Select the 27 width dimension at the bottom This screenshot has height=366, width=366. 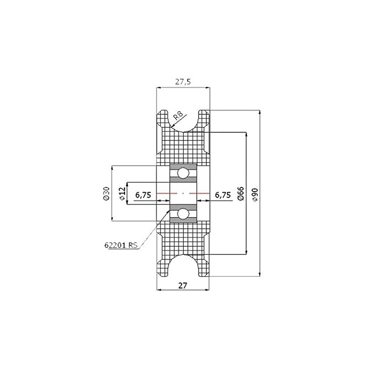tap(183, 285)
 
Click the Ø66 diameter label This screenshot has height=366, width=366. tap(241, 194)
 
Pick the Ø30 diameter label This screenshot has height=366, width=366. tap(106, 194)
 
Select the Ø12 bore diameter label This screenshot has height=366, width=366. tap(122, 194)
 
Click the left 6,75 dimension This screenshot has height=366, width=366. tap(144, 194)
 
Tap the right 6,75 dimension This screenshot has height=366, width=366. tap(223, 194)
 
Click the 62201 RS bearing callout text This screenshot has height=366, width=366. tap(121, 245)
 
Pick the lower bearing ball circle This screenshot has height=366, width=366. tap(183, 214)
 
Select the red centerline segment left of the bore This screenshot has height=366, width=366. tap(163, 194)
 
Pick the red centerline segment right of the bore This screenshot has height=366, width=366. tap(203, 194)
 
